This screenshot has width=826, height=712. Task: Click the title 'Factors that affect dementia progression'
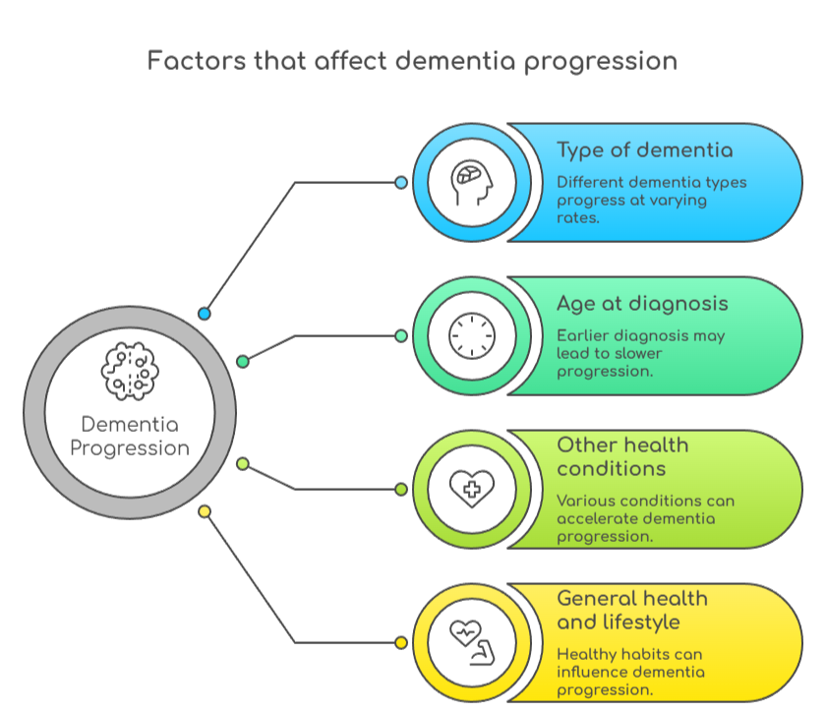[x=412, y=61]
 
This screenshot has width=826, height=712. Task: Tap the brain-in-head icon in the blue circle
[x=471, y=183]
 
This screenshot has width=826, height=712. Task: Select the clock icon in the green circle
[x=471, y=336]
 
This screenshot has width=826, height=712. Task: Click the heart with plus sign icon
[x=471, y=489]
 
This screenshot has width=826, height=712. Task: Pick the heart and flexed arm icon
[x=471, y=642]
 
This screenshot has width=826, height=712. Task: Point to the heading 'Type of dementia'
[x=644, y=150]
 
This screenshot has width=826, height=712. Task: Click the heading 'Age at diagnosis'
[x=642, y=303]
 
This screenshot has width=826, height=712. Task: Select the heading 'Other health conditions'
[x=622, y=456]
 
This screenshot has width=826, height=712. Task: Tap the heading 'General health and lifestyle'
[x=632, y=610]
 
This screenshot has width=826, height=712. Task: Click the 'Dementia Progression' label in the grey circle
[x=130, y=436]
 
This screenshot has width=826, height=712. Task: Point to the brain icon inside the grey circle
[x=130, y=368]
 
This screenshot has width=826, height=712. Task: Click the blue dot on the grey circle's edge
[x=205, y=314]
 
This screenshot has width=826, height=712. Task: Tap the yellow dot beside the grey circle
[x=205, y=511]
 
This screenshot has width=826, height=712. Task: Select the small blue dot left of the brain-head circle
[x=400, y=183]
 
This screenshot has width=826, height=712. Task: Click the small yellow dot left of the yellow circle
[x=400, y=642]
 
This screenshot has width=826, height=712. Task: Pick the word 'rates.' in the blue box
[x=578, y=218]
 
